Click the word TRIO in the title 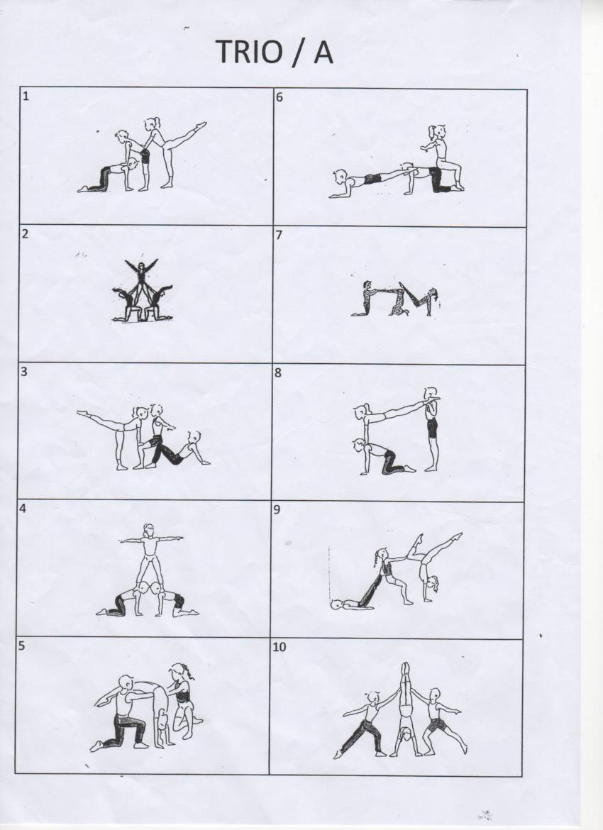coord(249,51)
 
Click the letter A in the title coord(323,51)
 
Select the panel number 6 coord(280,97)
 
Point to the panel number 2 coord(25,234)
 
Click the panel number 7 coord(279,235)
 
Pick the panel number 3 coord(24,371)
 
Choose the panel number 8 coord(278,372)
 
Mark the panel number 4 coord(23,509)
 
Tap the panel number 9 coord(277,510)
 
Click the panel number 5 coord(22,646)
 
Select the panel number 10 coord(279,647)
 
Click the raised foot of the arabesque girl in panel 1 coord(201,125)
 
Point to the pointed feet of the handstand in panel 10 coord(406,666)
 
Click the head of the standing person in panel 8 coord(431,394)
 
